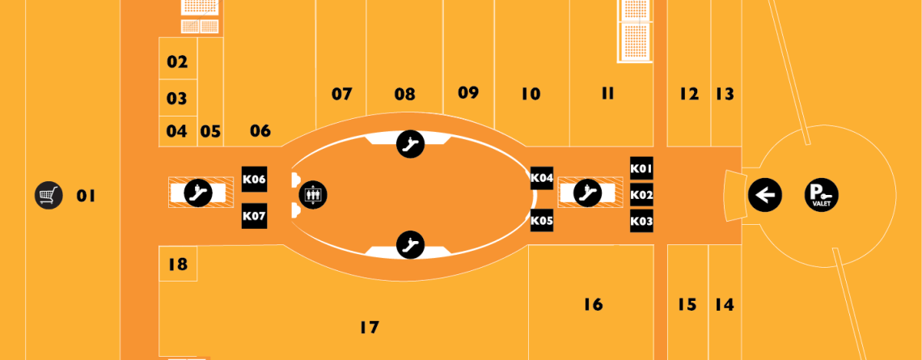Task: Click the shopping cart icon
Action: coord(49,195)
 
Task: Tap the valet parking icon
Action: coord(822,195)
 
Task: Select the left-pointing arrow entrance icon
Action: coord(765,195)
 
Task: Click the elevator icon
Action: coord(313,195)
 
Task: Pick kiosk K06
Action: coord(255,180)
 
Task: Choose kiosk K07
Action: coord(255,216)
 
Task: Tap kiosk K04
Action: coord(542,178)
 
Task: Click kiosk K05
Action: coord(542,221)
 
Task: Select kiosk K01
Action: coord(641,169)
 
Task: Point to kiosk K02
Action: coord(641,195)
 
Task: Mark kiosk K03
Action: coord(641,221)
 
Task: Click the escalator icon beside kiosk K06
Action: coord(198,192)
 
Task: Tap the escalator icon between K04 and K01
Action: coord(587,192)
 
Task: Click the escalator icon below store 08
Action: coord(410,144)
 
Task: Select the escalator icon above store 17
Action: coord(410,244)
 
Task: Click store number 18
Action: coord(178,264)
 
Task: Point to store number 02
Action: coord(177,61)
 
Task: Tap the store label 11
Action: coord(607,94)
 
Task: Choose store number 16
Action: coord(594,304)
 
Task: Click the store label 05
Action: coord(210,131)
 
